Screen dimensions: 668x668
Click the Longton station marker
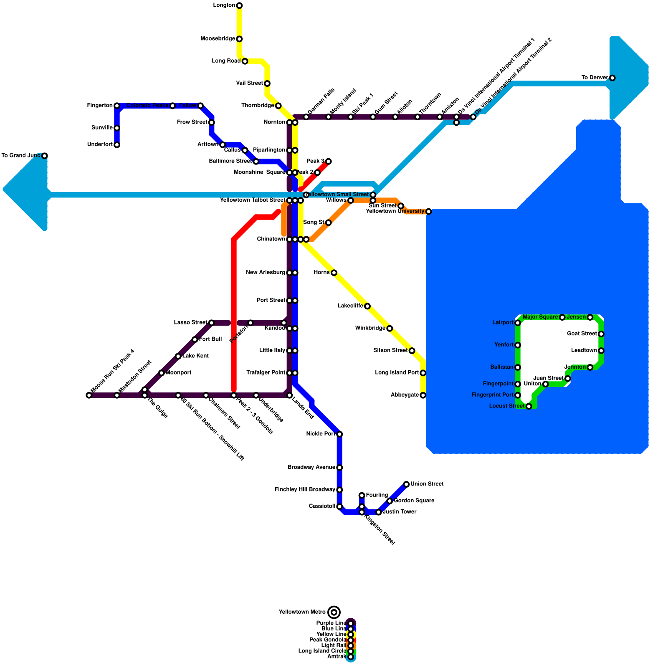click(239, 5)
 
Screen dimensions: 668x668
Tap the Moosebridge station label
click(218, 39)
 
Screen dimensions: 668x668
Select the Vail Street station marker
click(267, 83)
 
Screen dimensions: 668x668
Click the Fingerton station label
click(100, 106)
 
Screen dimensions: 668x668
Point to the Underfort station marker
click(117, 145)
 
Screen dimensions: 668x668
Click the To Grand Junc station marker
click(45, 156)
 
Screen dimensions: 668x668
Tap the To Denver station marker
click(612, 78)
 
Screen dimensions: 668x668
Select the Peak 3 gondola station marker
click(329, 161)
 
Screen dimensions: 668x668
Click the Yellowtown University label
click(395, 211)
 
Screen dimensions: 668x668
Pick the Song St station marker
click(329, 223)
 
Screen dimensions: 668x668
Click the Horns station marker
click(334, 273)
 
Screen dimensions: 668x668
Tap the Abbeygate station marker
click(423, 395)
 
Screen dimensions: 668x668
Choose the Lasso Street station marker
click(212, 323)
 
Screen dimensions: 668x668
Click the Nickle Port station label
click(321, 434)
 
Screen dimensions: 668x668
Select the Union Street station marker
click(406, 484)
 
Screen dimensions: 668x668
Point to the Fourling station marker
click(362, 496)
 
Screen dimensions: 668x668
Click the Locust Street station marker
click(529, 406)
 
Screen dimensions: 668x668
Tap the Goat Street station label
click(582, 334)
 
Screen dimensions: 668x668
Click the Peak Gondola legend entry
click(328, 640)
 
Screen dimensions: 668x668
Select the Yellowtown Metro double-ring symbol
click(334, 612)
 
